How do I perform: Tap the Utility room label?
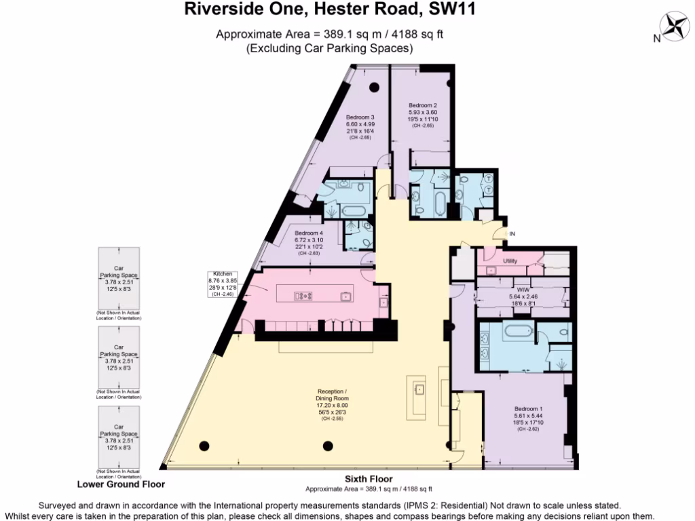pyautogui.click(x=510, y=260)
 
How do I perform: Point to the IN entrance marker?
pyautogui.click(x=512, y=234)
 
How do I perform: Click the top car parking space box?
pyautogui.click(x=119, y=278)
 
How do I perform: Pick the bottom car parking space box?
pyautogui.click(x=119, y=438)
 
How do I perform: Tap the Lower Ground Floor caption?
pyautogui.click(x=121, y=484)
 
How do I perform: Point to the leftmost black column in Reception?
pyautogui.click(x=204, y=446)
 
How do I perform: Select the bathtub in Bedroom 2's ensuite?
pyautogui.click(x=440, y=202)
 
